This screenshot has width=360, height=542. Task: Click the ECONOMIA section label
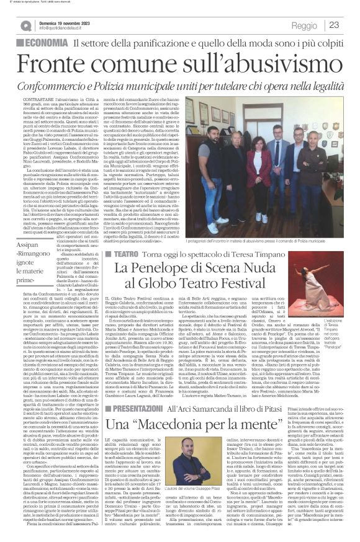click(43, 43)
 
